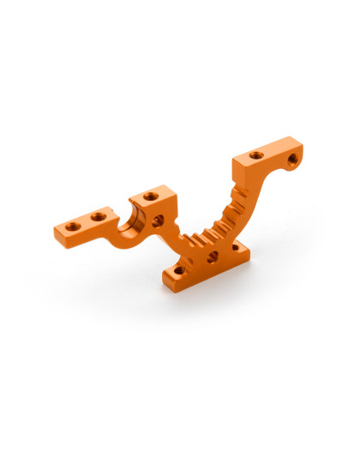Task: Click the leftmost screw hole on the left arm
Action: (73, 226)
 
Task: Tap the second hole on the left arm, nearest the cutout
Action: (99, 217)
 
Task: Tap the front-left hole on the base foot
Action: (177, 270)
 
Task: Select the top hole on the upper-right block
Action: (256, 155)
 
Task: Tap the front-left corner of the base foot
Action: (164, 280)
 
